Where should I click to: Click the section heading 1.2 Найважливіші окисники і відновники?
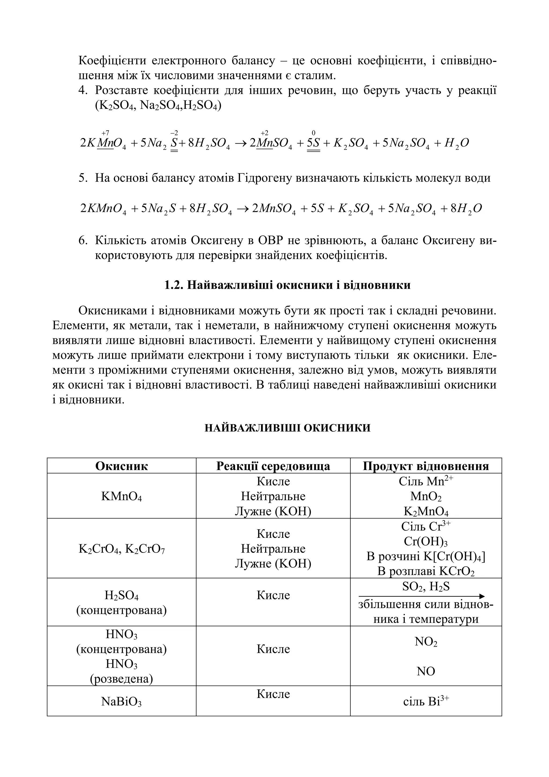coord(287,285)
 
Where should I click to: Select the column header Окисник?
coord(121,466)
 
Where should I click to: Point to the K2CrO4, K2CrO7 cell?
coord(121,549)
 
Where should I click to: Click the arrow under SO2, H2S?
coord(421,596)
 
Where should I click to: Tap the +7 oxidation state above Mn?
coord(105,133)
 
